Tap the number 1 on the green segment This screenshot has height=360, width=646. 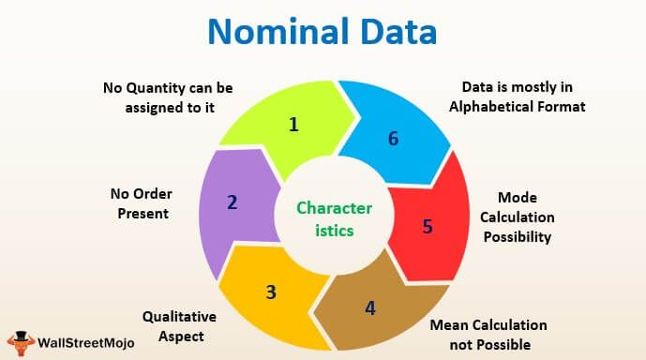click(x=293, y=124)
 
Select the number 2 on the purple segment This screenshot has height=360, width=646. click(x=233, y=201)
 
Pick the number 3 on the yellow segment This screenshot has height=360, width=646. click(x=271, y=292)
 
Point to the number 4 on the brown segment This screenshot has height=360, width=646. click(x=370, y=307)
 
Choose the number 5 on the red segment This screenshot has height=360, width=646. click(x=427, y=226)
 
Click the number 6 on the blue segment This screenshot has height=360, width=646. click(x=393, y=139)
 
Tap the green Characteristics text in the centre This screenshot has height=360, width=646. click(x=322, y=217)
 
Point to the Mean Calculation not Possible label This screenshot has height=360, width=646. click(x=488, y=336)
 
